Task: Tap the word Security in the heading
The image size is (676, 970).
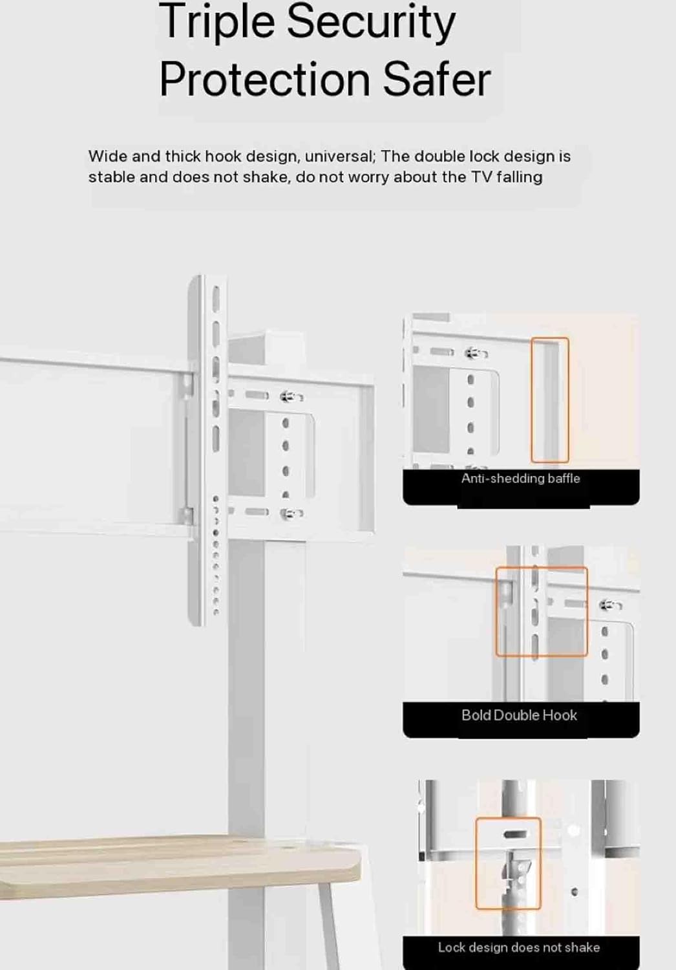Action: coord(371,21)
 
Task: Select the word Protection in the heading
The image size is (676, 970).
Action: coord(264,80)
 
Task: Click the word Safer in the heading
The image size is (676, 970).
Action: coord(437,80)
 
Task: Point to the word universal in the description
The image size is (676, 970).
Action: coord(339,156)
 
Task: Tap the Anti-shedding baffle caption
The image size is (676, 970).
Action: coord(521,479)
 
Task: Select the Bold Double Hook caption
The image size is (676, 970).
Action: coord(519,715)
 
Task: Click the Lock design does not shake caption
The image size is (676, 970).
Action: coord(519,947)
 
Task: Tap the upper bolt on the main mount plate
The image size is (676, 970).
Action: coord(291,396)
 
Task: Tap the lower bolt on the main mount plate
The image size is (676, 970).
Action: coord(291,513)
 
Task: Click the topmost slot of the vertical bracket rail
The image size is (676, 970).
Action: coord(216,297)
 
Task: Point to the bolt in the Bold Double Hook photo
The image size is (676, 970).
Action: coord(610,605)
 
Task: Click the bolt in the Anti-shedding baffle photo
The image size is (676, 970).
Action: coord(476,353)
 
